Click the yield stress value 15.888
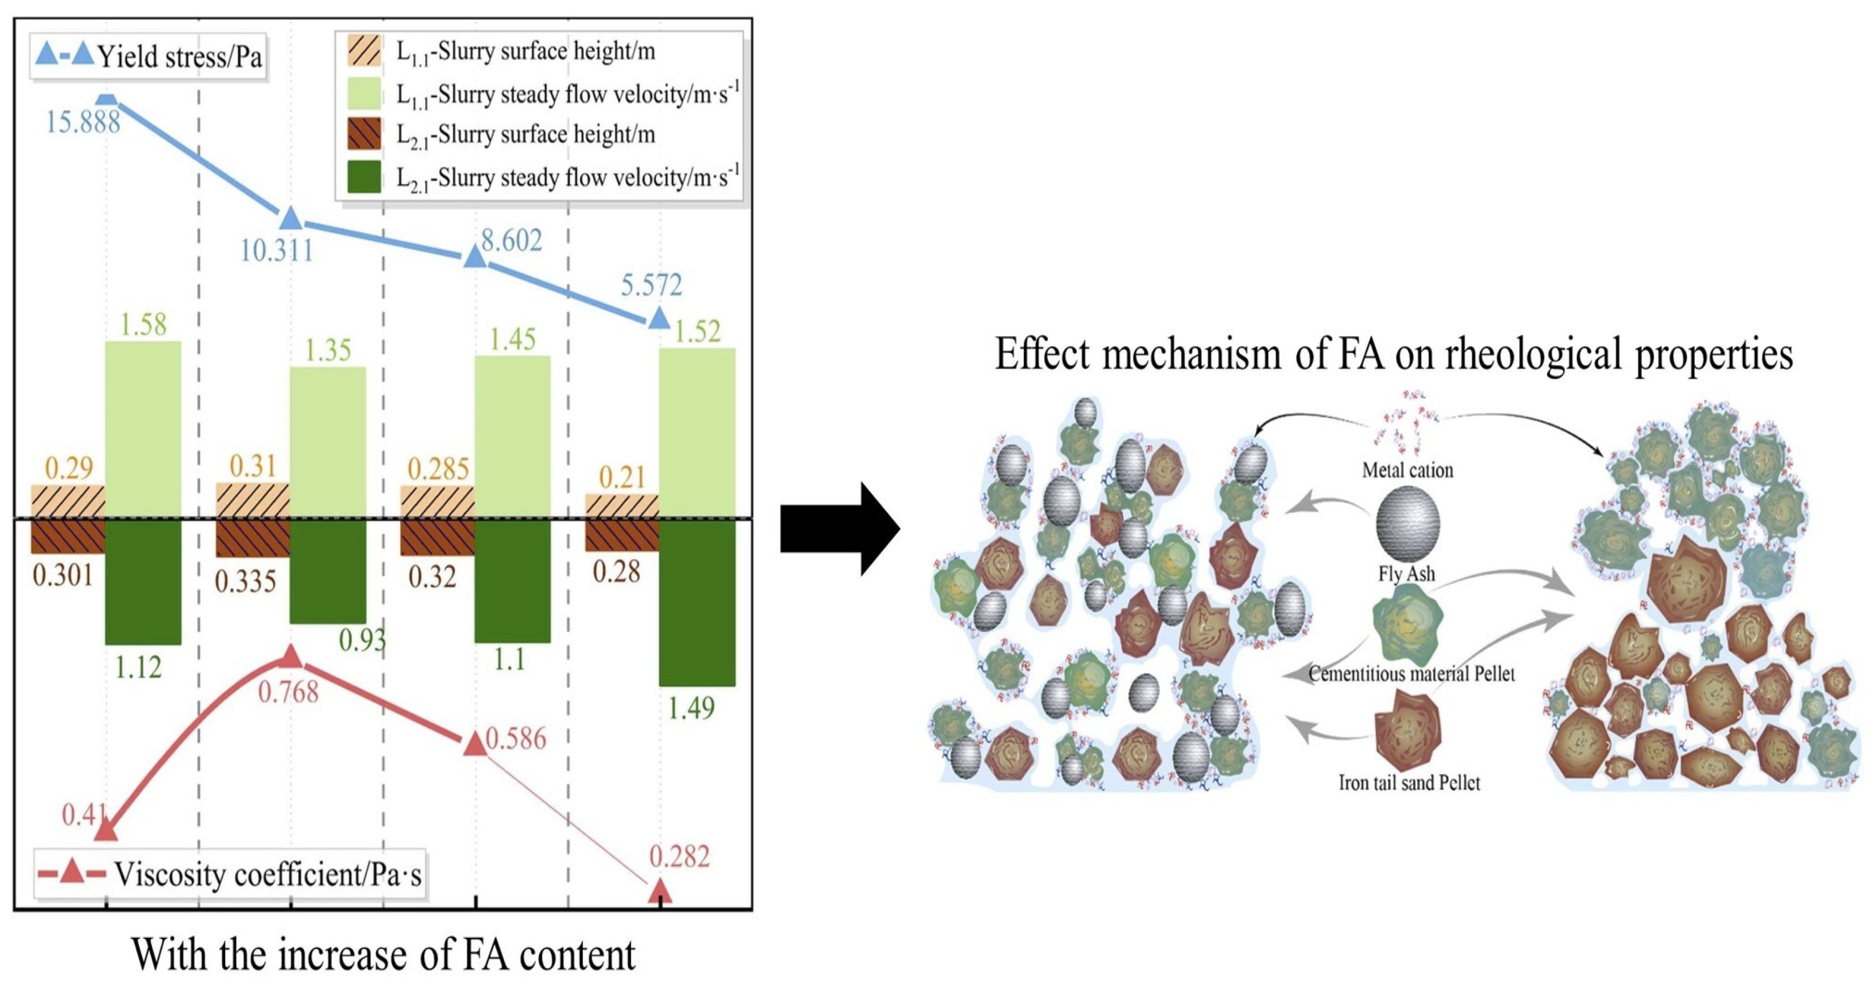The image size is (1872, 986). tap(83, 122)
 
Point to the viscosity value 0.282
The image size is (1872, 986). tap(679, 857)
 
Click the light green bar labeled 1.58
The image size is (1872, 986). tap(143, 429)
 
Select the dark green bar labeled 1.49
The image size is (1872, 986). tap(697, 603)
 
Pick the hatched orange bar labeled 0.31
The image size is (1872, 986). tap(253, 500)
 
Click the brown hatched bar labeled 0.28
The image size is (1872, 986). tap(622, 535)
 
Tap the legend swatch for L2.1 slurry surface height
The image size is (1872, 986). tap(364, 134)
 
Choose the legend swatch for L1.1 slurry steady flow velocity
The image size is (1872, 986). tap(364, 93)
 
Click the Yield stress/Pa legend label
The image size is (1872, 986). tap(180, 57)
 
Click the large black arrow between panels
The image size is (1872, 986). tap(840, 529)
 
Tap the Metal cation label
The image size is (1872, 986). tap(1408, 471)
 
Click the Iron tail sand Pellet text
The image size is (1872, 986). tap(1409, 783)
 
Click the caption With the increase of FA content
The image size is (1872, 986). tap(383, 954)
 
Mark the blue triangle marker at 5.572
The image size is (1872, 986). tap(658, 317)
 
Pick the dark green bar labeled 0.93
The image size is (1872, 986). tap(328, 572)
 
